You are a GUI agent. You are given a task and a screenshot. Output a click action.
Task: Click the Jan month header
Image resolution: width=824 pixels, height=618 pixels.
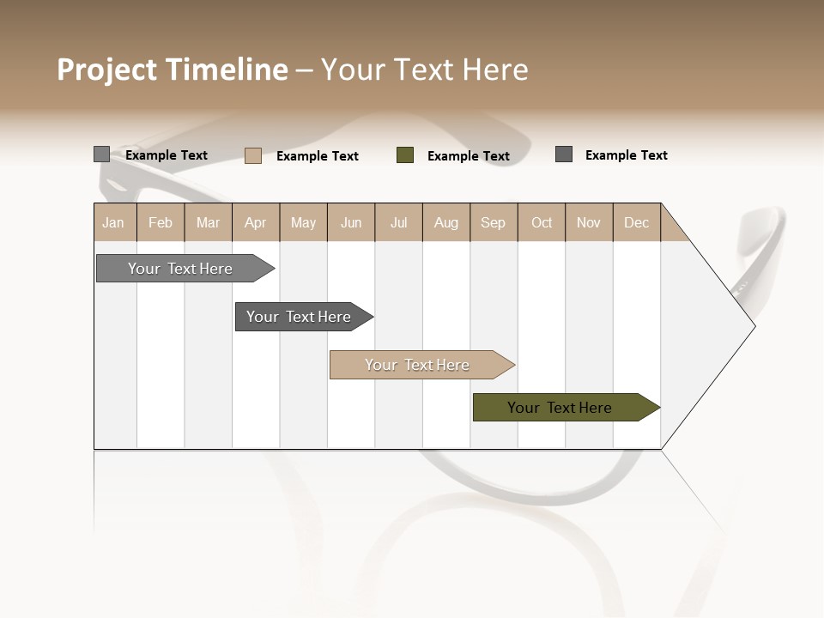point(113,222)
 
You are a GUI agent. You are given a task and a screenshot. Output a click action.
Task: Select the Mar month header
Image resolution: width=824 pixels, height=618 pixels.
point(208,222)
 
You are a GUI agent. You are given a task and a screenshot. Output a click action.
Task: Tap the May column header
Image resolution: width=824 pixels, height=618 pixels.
point(303,222)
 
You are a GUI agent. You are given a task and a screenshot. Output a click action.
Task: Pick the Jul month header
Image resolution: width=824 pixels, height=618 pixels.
point(398,222)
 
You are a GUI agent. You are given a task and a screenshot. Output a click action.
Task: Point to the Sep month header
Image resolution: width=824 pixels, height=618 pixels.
point(493,222)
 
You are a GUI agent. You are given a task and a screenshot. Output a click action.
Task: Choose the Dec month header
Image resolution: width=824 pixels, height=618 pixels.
point(636,222)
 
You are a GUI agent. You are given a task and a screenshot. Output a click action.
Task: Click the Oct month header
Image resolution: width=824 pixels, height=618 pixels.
point(542,222)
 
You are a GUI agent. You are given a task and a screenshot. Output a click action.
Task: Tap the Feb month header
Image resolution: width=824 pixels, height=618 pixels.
point(161,222)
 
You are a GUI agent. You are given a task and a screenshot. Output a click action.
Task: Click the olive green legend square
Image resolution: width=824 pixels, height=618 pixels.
point(405,155)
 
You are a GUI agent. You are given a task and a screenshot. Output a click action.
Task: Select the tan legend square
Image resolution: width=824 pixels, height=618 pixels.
point(253,155)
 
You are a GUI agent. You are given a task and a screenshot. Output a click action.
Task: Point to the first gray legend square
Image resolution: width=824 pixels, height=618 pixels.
point(102,154)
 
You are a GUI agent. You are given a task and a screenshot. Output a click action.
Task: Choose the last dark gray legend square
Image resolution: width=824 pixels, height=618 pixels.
point(564,154)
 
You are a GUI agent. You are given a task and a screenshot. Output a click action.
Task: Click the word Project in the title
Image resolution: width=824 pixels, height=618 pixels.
point(107,70)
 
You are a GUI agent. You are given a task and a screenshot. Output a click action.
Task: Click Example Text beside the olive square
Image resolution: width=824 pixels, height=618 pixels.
point(469,156)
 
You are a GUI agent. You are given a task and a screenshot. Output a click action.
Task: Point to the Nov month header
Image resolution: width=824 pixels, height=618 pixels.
point(589,222)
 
